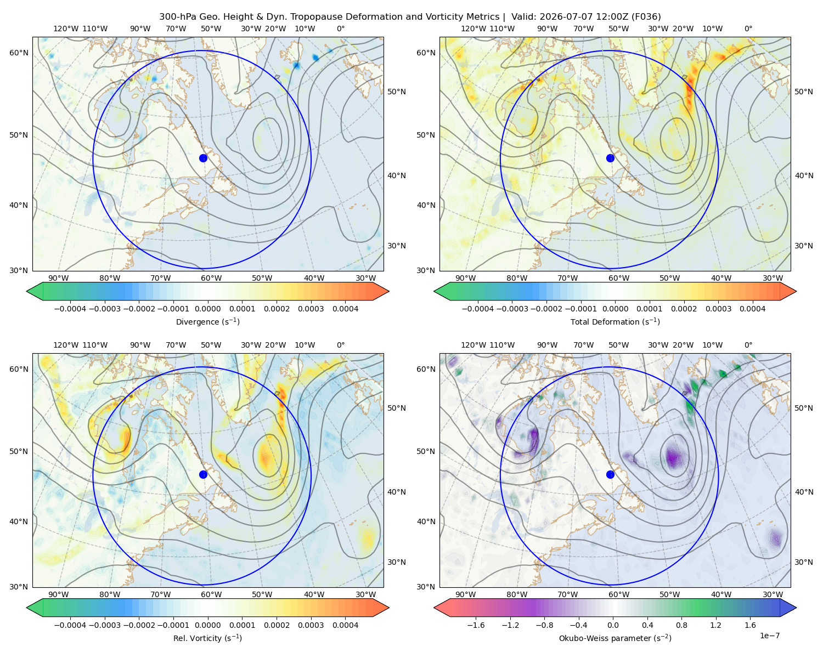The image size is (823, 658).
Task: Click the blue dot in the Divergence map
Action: [203, 158]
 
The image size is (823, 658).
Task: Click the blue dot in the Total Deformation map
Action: [610, 158]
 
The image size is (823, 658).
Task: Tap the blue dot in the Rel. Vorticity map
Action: [203, 474]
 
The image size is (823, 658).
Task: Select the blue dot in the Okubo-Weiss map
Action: [610, 474]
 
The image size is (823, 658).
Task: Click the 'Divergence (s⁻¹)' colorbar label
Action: [207, 321]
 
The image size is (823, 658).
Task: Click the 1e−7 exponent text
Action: [769, 636]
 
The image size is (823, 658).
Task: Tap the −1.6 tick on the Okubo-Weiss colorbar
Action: [476, 625]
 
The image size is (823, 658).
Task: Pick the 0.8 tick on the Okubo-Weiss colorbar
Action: [681, 625]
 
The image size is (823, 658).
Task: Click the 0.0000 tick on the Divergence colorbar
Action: [207, 309]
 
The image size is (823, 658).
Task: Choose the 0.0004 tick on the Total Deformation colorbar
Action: [752, 309]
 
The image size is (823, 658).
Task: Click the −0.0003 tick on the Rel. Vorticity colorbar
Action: [104, 625]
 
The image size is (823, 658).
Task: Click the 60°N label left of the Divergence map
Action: [19, 53]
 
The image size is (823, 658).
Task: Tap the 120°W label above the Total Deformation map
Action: [473, 29]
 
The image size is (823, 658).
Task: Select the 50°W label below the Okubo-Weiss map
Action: [669, 594]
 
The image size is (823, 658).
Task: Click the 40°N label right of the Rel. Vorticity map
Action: [397, 492]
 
